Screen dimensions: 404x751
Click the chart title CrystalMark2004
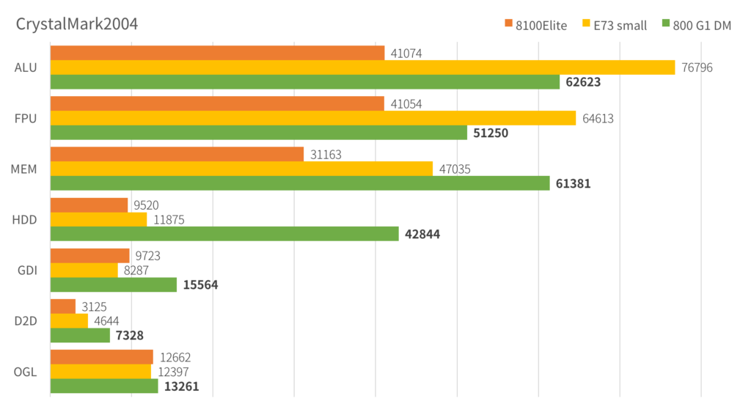(77, 24)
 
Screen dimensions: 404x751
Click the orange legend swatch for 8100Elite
(508, 24)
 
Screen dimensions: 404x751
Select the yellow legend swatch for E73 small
(587, 24)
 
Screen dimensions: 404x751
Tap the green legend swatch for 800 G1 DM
(666, 24)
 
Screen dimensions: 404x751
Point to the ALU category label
(26, 67)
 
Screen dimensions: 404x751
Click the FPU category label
(26, 118)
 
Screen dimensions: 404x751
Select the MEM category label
(24, 168)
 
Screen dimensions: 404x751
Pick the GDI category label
(26, 269)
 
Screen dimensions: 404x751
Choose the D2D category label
(26, 320)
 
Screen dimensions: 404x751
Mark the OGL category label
(26, 370)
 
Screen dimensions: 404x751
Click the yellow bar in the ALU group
(362, 67)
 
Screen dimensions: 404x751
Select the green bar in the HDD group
(224, 233)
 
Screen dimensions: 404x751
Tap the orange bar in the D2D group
(63, 305)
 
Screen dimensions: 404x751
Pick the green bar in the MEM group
(300, 183)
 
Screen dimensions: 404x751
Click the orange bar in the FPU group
(217, 103)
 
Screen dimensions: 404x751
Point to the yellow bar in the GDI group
(84, 270)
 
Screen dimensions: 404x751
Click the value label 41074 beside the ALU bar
(406, 53)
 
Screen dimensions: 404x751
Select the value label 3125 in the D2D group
(94, 305)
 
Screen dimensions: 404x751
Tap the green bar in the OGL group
(104, 386)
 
